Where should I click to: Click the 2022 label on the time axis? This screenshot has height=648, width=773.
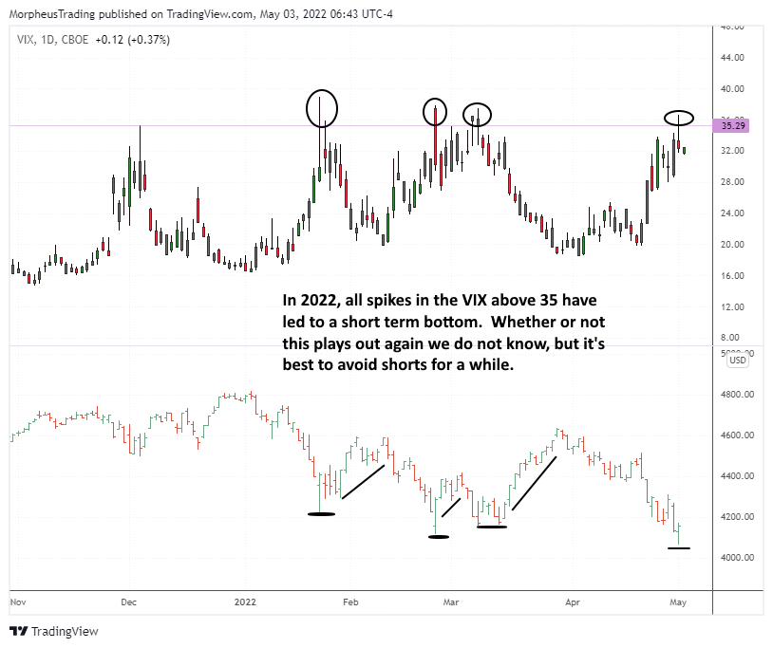[x=246, y=602]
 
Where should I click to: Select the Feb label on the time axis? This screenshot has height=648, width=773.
[x=349, y=602]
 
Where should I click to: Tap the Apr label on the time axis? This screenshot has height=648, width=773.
[x=573, y=602]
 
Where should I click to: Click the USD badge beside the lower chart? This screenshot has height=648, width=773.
[x=737, y=360]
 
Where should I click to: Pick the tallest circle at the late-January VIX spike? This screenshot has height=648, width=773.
[x=321, y=108]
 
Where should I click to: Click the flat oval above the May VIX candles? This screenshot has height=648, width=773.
[x=679, y=119]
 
